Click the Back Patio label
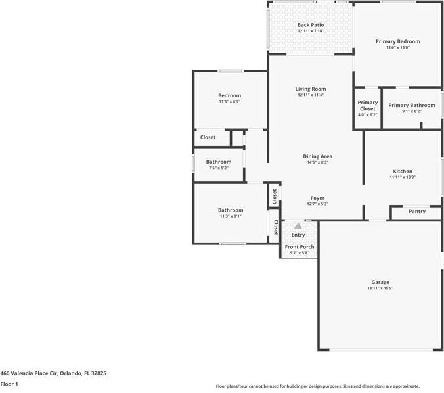click(311, 25)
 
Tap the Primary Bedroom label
click(397, 41)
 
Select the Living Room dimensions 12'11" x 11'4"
click(311, 95)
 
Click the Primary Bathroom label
click(412, 105)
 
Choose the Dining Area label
click(317, 156)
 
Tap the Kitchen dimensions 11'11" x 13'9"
click(403, 177)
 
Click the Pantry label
click(417, 212)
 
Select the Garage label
click(380, 282)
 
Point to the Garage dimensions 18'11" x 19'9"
click(380, 288)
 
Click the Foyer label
click(317, 198)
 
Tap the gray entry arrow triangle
click(298, 226)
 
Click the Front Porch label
click(300, 247)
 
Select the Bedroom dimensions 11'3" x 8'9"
click(230, 101)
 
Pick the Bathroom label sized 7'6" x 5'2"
click(219, 162)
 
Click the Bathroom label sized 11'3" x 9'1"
click(231, 210)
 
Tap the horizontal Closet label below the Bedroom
click(208, 137)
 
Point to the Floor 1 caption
click(9, 384)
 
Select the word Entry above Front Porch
click(298, 235)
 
